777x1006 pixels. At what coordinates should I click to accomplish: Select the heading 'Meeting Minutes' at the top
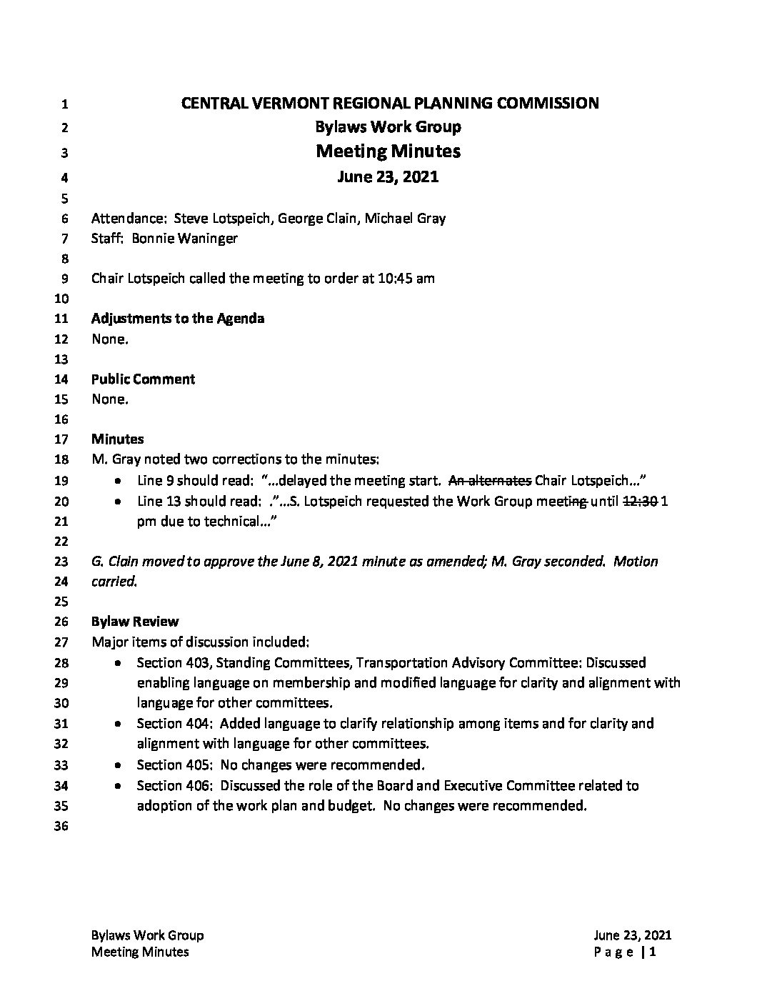[388, 151]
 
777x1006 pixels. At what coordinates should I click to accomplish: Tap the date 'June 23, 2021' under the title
[388, 176]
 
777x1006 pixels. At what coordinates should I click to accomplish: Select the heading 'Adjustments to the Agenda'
[178, 319]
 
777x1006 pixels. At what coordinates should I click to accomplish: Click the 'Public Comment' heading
[143, 379]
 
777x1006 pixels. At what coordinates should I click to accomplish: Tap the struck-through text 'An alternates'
[488, 480]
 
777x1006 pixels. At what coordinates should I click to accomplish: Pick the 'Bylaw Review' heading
[135, 622]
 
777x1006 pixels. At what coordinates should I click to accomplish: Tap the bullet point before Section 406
[118, 786]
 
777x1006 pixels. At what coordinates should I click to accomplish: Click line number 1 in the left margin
[64, 104]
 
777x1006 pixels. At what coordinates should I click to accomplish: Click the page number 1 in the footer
[653, 952]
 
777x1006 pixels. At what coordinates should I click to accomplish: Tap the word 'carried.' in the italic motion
[114, 582]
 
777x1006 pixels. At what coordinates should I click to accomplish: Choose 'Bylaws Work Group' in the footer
[147, 936]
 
